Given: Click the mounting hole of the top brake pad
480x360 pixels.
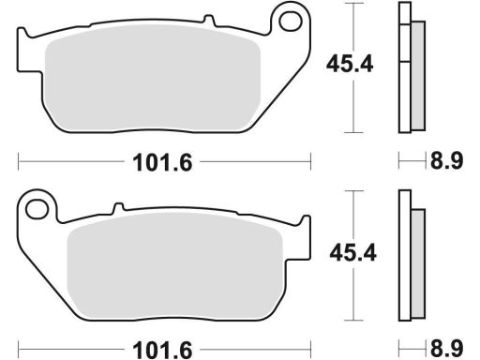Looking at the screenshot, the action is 291,22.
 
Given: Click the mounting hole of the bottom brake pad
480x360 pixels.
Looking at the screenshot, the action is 37,209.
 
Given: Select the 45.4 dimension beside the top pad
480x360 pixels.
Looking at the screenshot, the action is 350,64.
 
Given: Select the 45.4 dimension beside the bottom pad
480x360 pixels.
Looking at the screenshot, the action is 353,252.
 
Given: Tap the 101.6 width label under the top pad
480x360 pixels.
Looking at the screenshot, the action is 162,162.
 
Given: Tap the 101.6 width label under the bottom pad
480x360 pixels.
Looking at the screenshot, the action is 162,350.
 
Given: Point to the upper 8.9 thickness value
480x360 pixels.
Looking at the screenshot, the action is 446,161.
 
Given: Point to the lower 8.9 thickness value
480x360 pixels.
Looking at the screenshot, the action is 446,349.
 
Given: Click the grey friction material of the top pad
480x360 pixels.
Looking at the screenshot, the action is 153,78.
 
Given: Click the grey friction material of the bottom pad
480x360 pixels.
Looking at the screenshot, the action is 175,265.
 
